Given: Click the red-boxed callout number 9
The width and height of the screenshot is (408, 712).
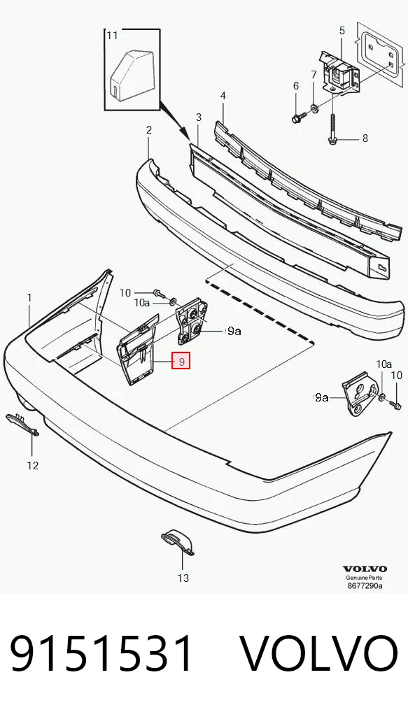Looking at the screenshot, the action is pyautogui.click(x=181, y=362).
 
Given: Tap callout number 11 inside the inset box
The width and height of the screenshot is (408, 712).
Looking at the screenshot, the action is pyautogui.click(x=112, y=36).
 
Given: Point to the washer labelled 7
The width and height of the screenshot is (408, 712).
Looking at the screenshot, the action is pyautogui.click(x=314, y=108).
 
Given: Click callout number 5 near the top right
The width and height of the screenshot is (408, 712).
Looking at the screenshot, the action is pyautogui.click(x=342, y=31).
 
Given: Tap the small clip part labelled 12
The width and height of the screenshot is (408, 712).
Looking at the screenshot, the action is pyautogui.click(x=22, y=425).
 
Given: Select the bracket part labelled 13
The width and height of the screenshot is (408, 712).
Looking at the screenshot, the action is pyautogui.click(x=178, y=541).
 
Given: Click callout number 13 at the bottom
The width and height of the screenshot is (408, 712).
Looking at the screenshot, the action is pyautogui.click(x=183, y=578).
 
